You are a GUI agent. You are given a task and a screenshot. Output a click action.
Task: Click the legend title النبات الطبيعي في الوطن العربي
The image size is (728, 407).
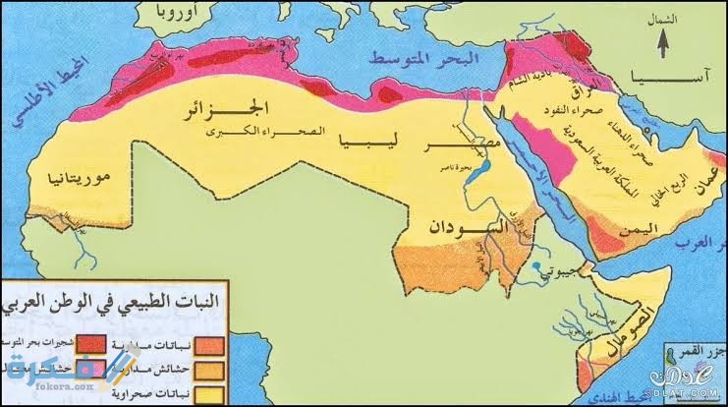tap(117, 293)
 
